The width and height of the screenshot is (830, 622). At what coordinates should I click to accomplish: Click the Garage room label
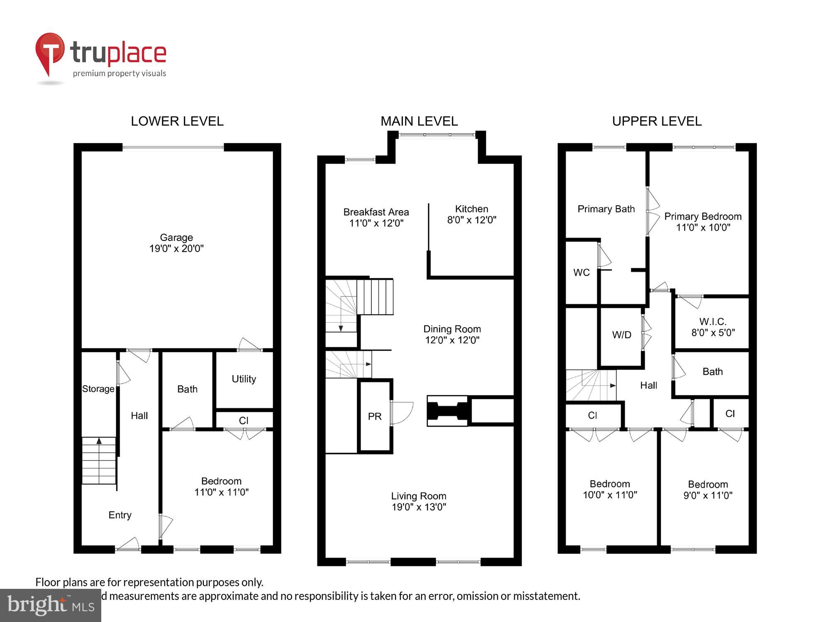tap(176, 238)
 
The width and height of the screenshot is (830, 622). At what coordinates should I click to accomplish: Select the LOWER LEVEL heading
tap(177, 121)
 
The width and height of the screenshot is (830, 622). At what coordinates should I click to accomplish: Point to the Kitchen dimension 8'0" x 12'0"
tap(471, 220)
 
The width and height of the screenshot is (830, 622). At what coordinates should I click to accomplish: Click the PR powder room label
tap(374, 416)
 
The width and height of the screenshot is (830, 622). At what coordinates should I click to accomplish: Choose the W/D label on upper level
tap(621, 335)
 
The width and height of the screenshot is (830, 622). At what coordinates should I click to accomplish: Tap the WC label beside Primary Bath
tap(581, 272)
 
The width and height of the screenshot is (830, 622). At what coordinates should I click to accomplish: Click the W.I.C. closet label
tap(713, 322)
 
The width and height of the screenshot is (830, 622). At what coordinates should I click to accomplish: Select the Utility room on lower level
tap(244, 379)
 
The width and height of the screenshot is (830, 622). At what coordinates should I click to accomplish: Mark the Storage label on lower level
tap(98, 389)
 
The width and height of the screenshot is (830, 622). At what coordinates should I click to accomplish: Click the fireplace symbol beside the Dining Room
tap(447, 411)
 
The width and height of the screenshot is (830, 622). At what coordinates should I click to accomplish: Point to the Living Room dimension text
tap(419, 507)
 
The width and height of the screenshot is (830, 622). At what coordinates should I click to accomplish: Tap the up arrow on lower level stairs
tap(99, 441)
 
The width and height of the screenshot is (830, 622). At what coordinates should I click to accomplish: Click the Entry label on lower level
tap(120, 515)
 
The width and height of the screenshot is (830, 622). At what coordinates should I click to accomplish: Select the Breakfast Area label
tap(376, 212)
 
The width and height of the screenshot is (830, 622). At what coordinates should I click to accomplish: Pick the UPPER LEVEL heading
tap(657, 121)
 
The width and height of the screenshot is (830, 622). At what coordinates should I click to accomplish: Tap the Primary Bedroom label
tap(703, 216)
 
